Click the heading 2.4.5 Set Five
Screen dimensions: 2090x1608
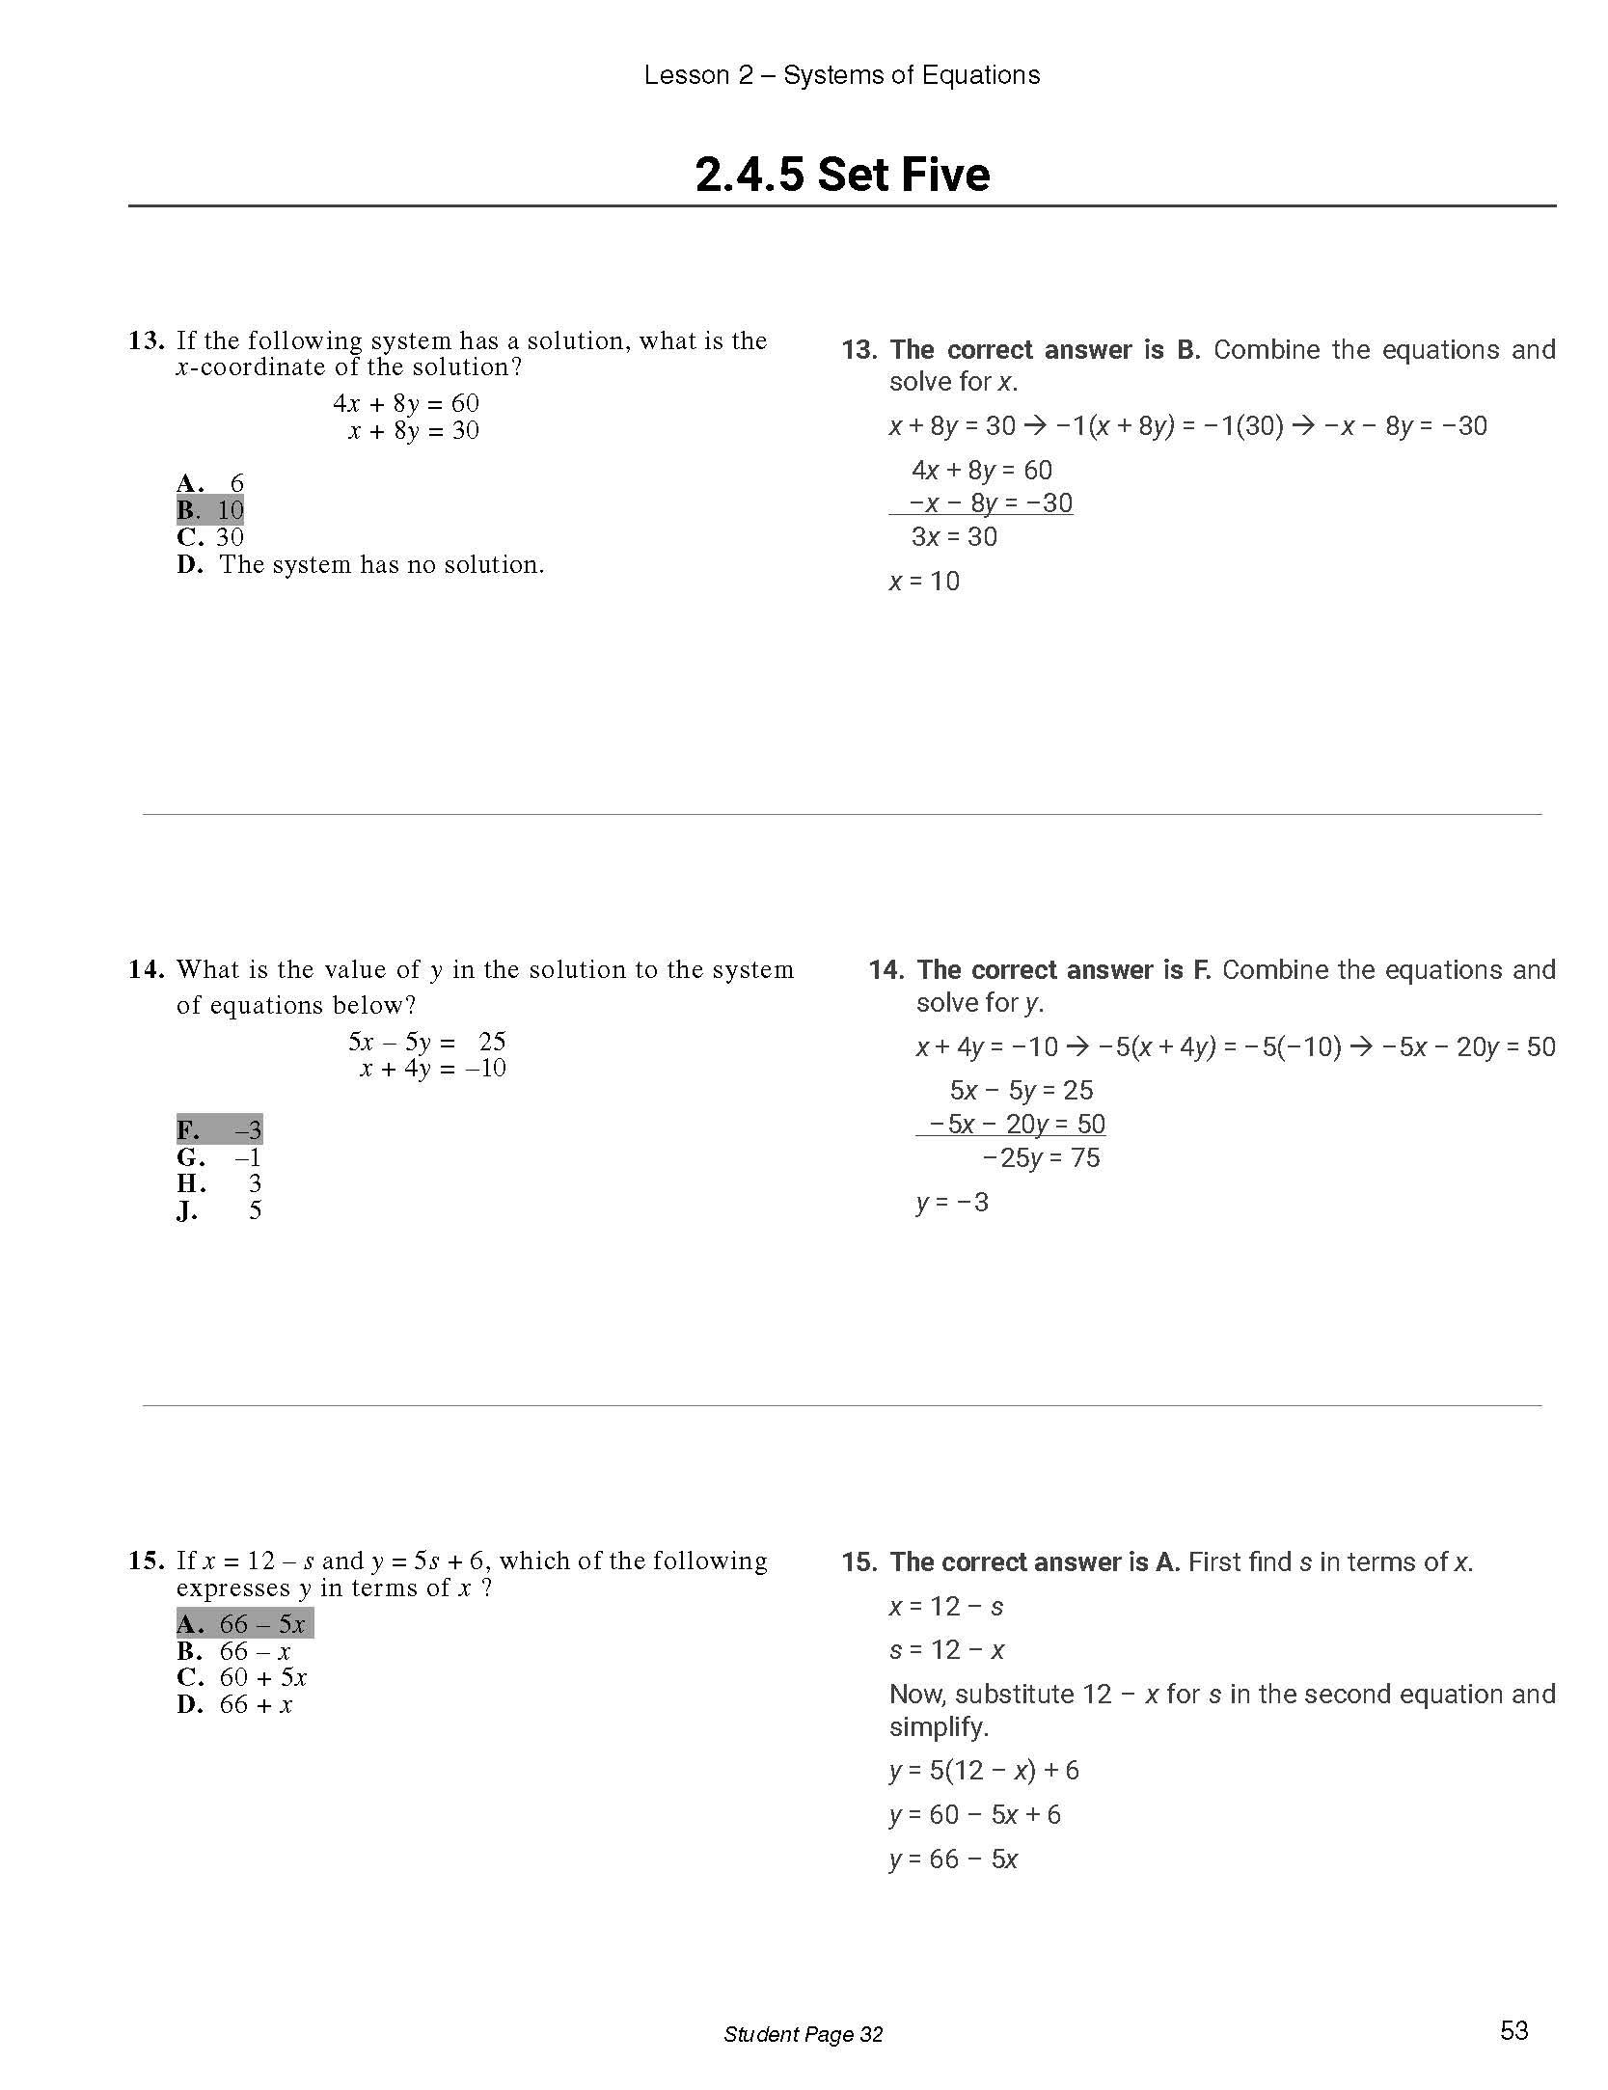[842, 176]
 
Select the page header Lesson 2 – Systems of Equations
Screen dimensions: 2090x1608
[842, 75]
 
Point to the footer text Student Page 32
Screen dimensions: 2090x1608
[803, 2034]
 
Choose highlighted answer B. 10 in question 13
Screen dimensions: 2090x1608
[210, 510]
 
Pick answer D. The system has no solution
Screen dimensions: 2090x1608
[361, 564]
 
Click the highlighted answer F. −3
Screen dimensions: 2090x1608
[219, 1129]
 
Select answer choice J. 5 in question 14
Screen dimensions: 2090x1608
[219, 1210]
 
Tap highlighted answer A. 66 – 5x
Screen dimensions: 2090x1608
[244, 1624]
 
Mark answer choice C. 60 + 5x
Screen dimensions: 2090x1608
[242, 1677]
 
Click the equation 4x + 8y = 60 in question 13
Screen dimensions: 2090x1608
[406, 403]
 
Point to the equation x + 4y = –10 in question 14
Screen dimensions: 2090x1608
[432, 1069]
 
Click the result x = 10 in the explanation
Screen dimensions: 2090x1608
[924, 581]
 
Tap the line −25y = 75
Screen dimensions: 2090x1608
[1041, 1157]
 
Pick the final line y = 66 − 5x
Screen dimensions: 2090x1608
[953, 1859]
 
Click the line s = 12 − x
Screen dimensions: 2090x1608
[946, 1650]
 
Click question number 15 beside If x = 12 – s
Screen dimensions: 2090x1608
[147, 1561]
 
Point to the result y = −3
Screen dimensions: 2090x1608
[952, 1202]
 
